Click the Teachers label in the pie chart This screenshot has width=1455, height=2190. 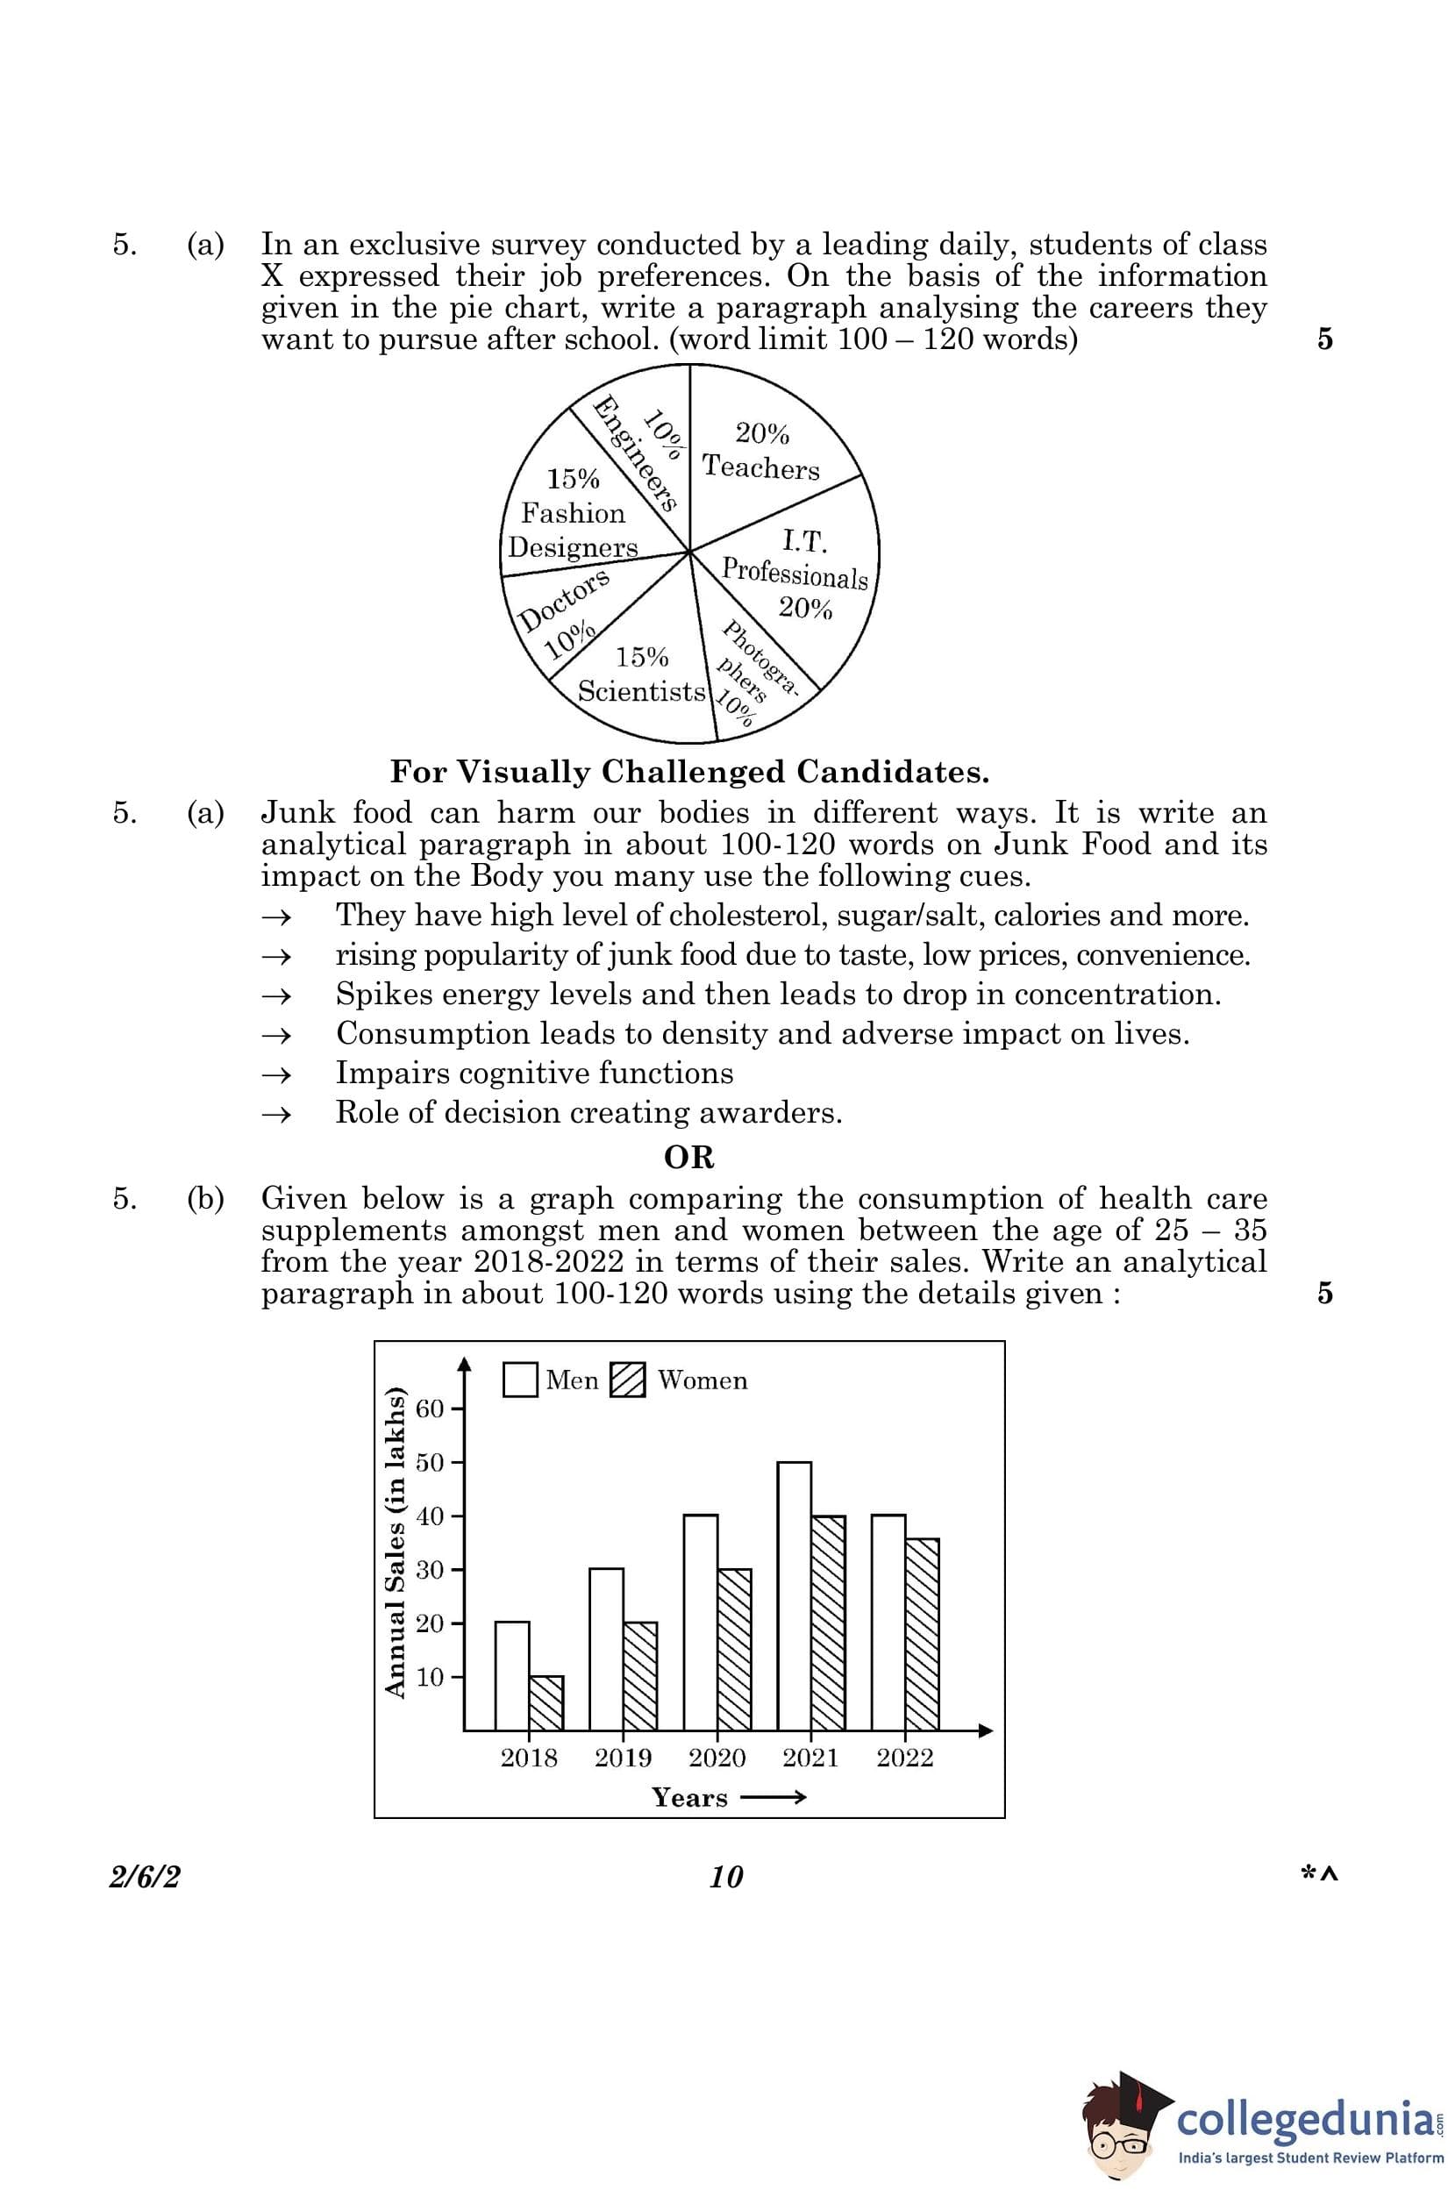(x=761, y=467)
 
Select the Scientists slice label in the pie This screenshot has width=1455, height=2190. (x=641, y=691)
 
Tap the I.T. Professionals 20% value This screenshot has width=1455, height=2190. (x=805, y=609)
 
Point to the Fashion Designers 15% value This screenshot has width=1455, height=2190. (x=573, y=479)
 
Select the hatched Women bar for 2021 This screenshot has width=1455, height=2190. (x=829, y=1623)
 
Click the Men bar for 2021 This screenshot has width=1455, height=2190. (x=795, y=1596)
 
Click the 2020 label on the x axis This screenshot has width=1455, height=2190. (x=717, y=1758)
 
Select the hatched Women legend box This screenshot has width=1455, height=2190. (x=628, y=1380)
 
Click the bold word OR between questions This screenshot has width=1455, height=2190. (x=689, y=1157)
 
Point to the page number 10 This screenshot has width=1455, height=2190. (x=725, y=1877)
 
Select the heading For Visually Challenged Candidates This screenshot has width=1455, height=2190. (x=689, y=771)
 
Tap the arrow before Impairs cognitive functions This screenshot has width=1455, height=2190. (x=276, y=1074)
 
